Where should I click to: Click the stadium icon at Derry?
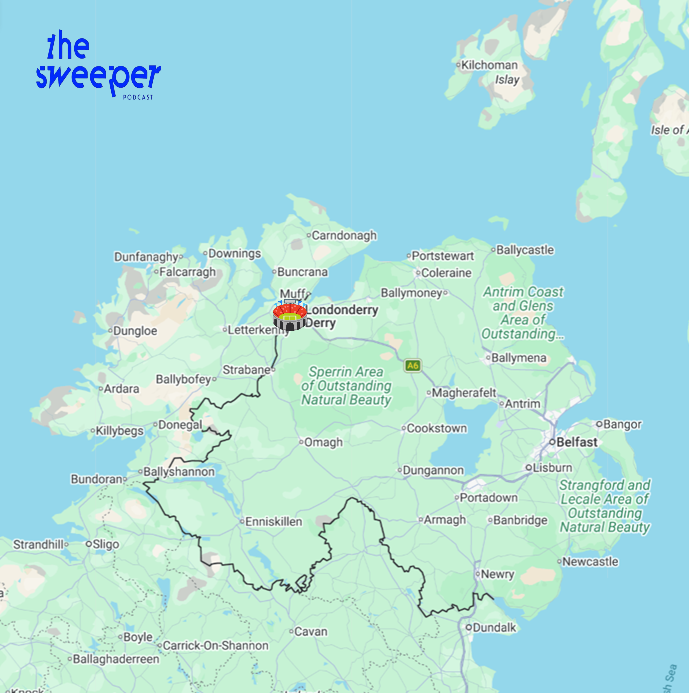(x=290, y=316)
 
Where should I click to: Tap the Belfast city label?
(x=577, y=442)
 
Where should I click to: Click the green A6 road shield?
(x=413, y=366)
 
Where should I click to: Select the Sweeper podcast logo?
(x=97, y=65)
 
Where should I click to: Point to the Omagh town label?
(x=322, y=442)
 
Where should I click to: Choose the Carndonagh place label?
(x=343, y=236)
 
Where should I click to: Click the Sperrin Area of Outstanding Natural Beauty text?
(x=346, y=386)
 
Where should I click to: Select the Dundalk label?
(x=495, y=627)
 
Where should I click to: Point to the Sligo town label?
(x=105, y=544)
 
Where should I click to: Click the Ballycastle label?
(x=524, y=250)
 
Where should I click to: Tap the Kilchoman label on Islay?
(x=489, y=65)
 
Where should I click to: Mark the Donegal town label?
(x=180, y=425)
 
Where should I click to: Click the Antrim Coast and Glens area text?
(x=523, y=313)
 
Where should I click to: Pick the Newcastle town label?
(x=589, y=562)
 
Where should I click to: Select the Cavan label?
(x=310, y=631)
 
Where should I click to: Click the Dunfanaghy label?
(x=146, y=257)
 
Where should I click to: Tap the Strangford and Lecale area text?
(x=605, y=506)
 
